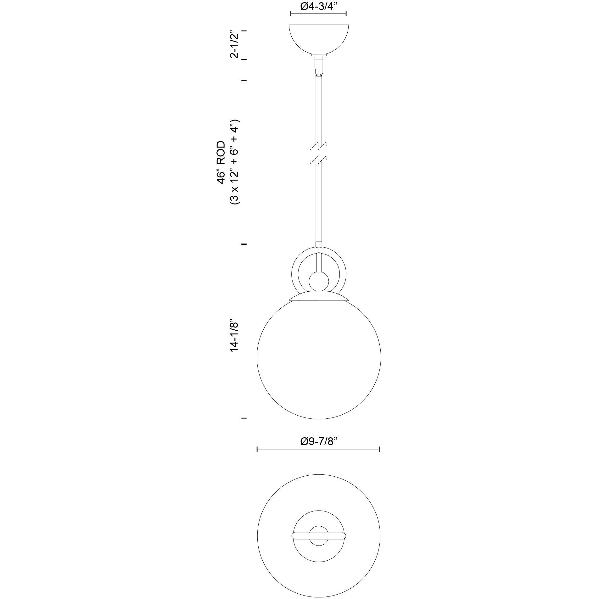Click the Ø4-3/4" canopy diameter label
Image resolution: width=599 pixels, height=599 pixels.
coord(318,6)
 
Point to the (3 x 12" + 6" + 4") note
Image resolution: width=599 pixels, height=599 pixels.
coord(235,162)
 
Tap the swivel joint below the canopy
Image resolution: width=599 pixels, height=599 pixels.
coord(319,65)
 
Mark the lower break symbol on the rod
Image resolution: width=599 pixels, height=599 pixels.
coord(318,160)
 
